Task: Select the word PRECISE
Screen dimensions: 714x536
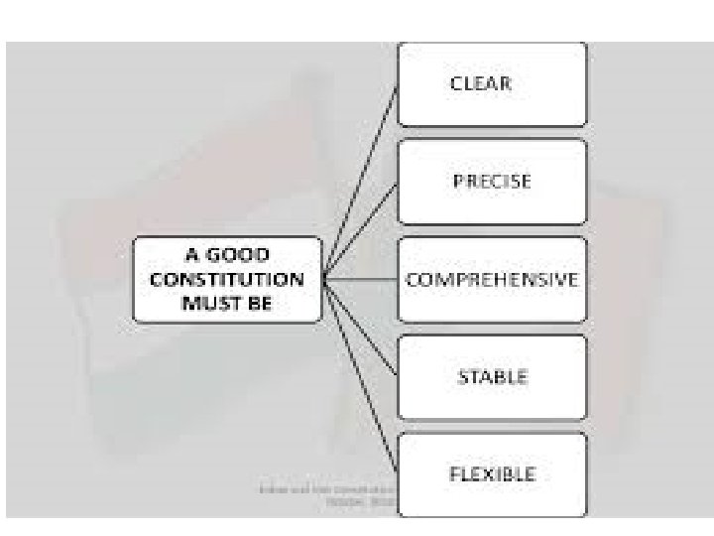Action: (x=492, y=182)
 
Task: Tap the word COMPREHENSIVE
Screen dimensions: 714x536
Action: (x=492, y=279)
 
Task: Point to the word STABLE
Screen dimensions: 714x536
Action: (x=492, y=377)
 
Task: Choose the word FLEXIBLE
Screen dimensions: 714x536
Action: (x=492, y=474)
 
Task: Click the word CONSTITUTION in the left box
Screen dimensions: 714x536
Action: (x=227, y=280)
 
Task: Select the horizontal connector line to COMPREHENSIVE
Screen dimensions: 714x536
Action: (x=362, y=280)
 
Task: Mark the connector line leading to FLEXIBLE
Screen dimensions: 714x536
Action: (x=363, y=382)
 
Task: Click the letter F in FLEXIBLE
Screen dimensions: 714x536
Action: (x=455, y=474)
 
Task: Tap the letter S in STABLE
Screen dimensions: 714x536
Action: (x=461, y=377)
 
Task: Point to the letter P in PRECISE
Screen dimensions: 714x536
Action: (x=457, y=182)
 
